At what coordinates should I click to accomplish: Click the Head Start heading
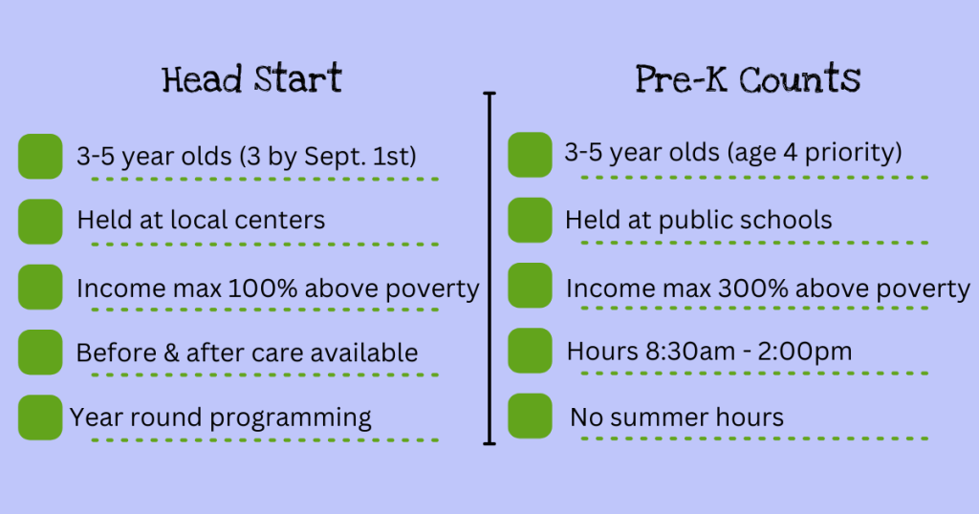click(x=252, y=78)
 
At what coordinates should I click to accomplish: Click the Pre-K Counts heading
click(x=748, y=78)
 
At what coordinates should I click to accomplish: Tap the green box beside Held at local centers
click(x=40, y=221)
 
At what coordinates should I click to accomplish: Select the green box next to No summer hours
click(x=530, y=417)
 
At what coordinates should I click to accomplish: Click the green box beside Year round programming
click(x=40, y=417)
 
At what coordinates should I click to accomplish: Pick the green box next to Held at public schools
click(x=530, y=220)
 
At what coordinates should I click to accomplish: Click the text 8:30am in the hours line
click(x=666, y=352)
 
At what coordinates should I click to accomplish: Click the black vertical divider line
click(x=490, y=268)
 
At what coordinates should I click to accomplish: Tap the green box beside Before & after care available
click(x=40, y=352)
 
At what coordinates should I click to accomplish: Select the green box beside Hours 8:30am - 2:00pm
click(x=530, y=351)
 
